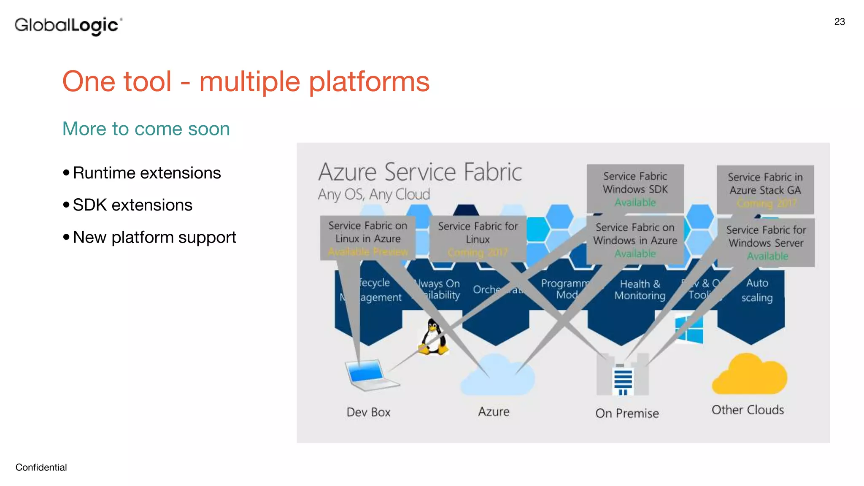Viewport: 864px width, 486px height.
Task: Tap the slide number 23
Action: [x=839, y=22]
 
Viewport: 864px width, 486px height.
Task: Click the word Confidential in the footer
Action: [x=41, y=467]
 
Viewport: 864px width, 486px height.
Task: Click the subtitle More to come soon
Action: [x=146, y=129]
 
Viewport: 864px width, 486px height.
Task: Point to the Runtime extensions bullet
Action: [x=146, y=173]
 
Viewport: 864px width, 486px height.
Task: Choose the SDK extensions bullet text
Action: [x=132, y=205]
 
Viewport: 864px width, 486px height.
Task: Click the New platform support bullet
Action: [x=154, y=238]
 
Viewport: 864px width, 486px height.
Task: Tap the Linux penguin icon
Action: [x=434, y=337]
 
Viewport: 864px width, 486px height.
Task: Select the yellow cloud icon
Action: [x=749, y=375]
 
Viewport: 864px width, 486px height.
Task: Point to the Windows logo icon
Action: [x=689, y=329]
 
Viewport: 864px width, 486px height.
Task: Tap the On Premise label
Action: [x=627, y=413]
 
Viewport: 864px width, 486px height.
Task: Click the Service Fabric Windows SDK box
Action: [x=635, y=189]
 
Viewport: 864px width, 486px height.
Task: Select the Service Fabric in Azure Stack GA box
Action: [x=765, y=189]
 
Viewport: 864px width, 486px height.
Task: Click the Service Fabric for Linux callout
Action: [x=478, y=238]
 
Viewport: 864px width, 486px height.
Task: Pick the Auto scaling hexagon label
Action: [x=757, y=290]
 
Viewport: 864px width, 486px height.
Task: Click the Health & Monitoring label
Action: [x=640, y=290]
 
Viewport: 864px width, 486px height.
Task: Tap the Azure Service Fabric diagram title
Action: [x=420, y=172]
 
